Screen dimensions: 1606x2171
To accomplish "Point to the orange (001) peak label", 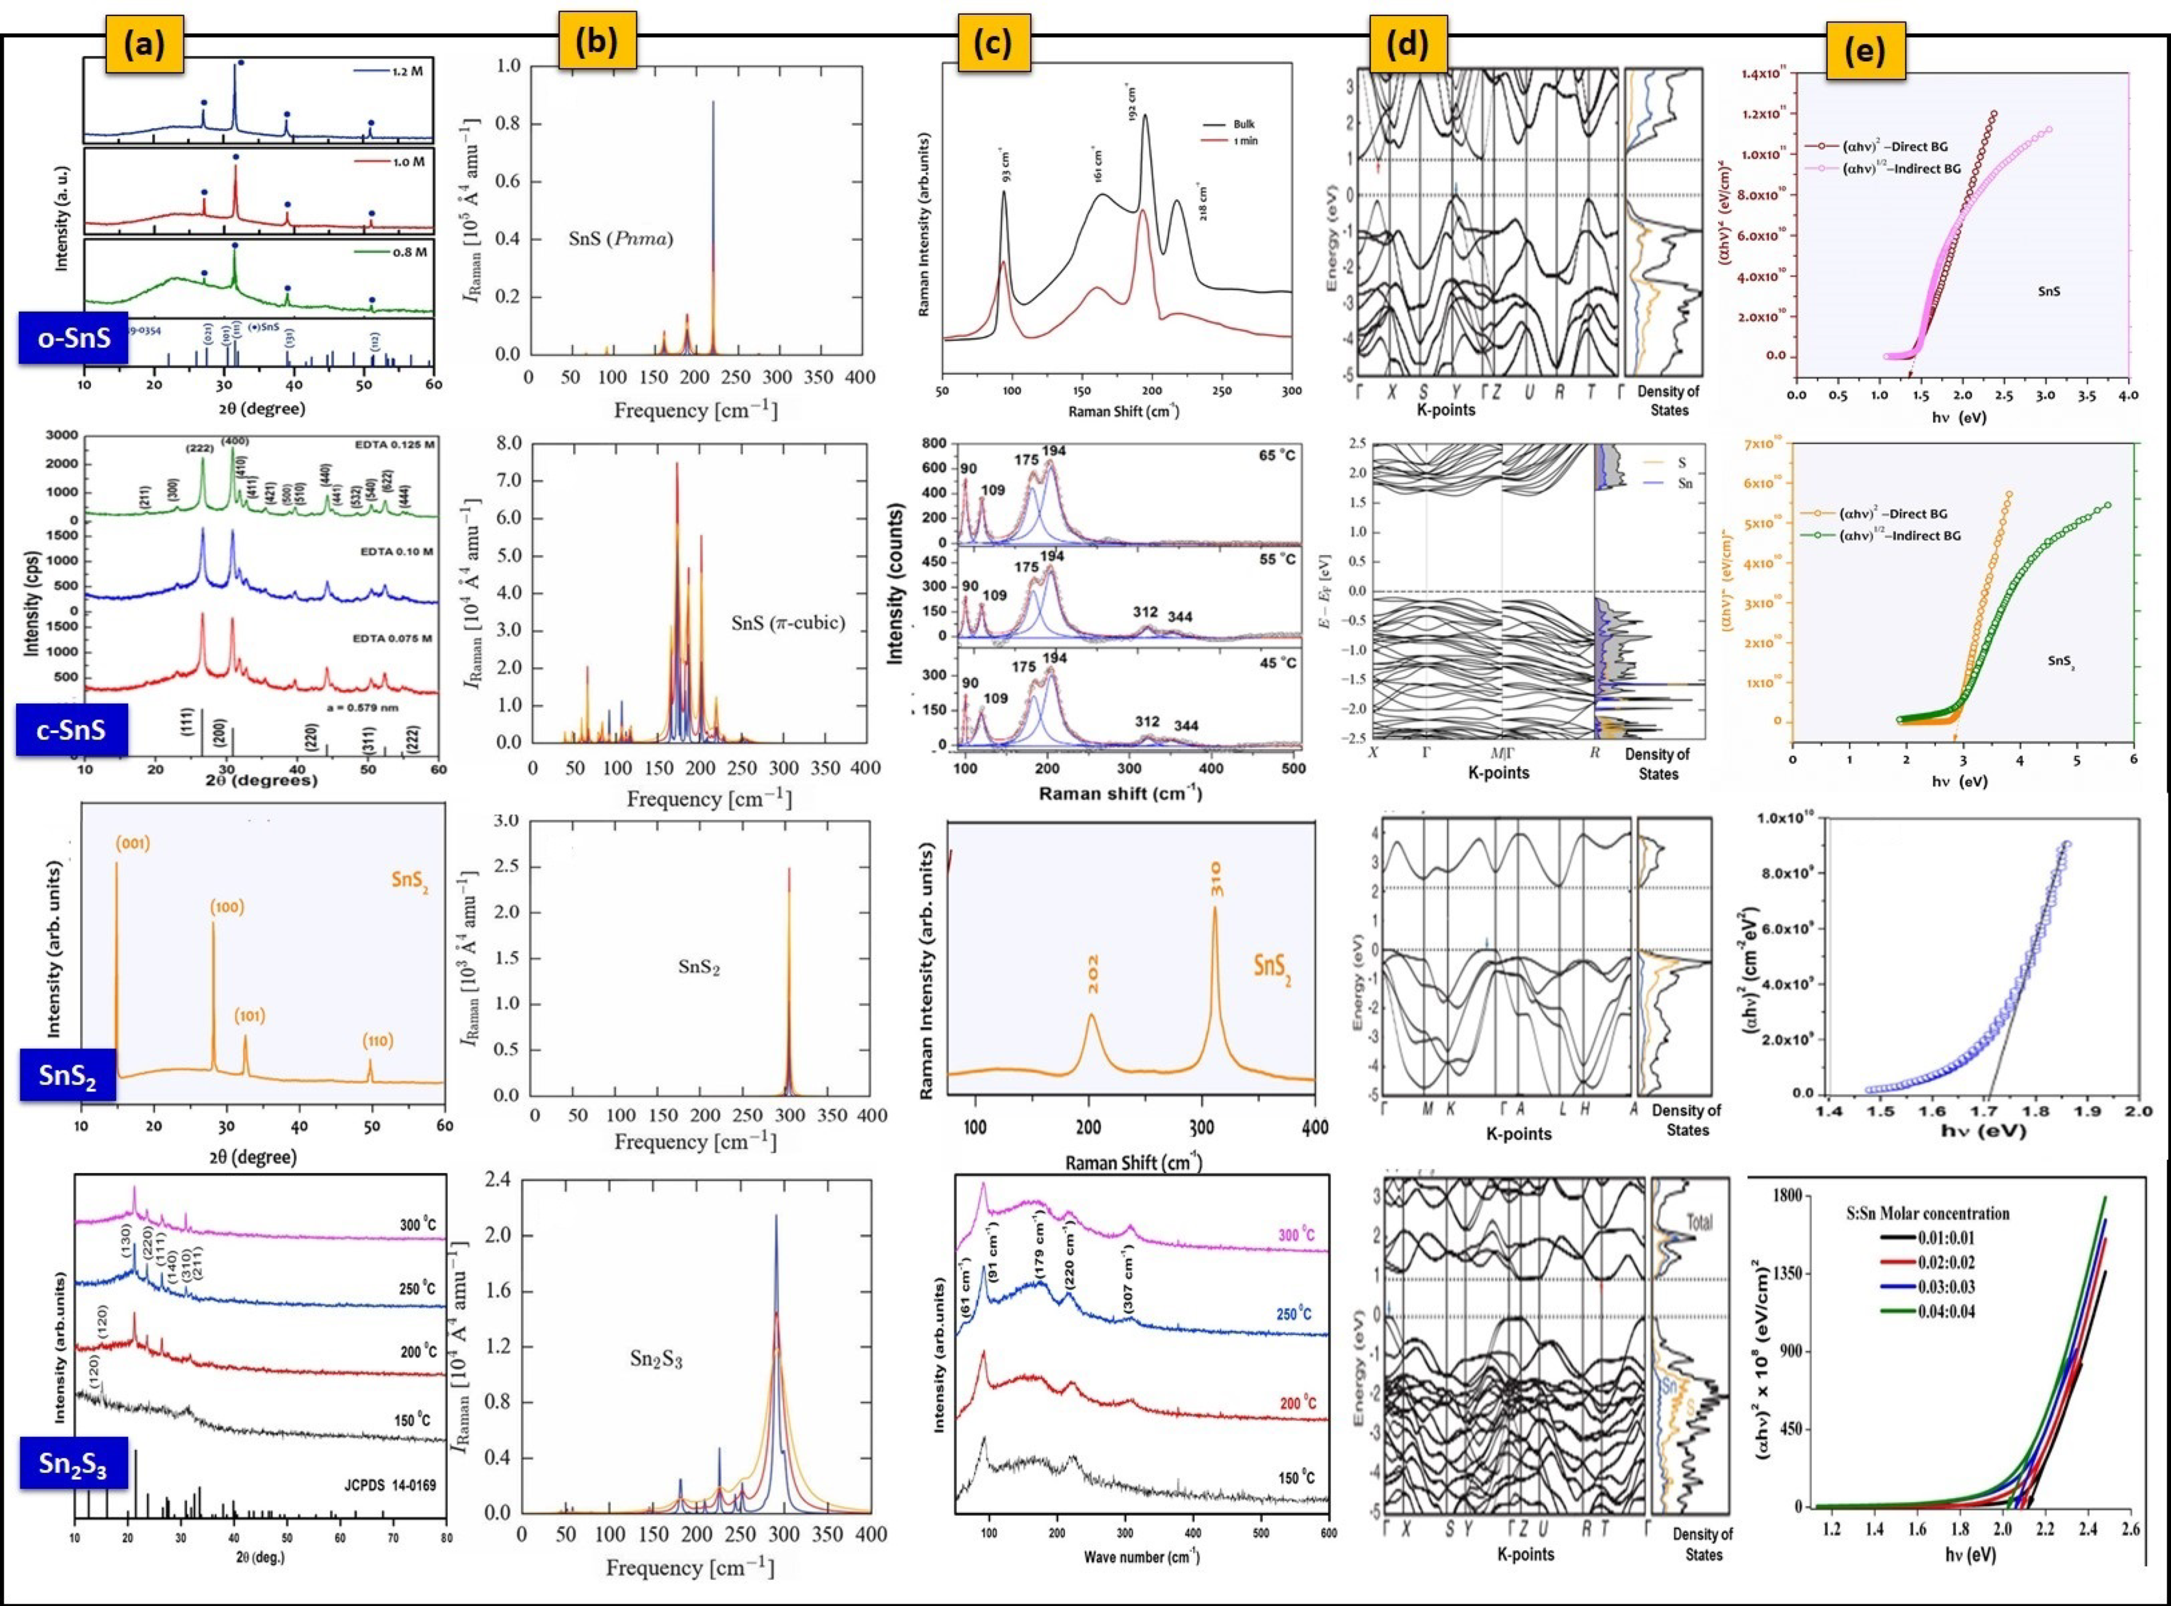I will (133, 843).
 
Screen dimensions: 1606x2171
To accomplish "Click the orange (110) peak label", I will (378, 1041).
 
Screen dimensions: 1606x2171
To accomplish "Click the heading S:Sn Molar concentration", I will (1927, 1213).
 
